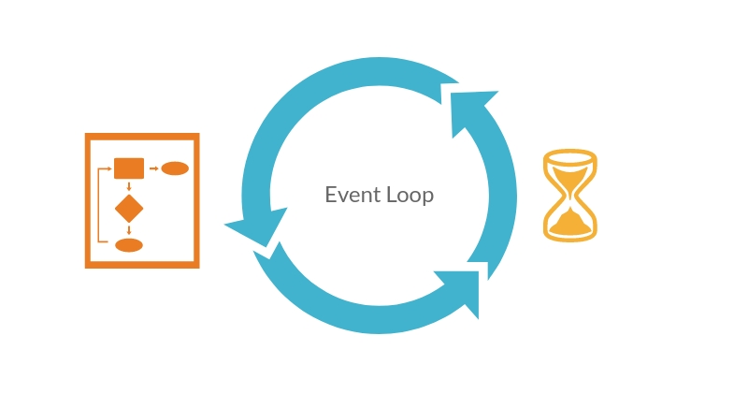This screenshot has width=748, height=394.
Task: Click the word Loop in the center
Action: pyautogui.click(x=410, y=196)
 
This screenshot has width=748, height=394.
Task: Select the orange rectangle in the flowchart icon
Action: pyautogui.click(x=129, y=168)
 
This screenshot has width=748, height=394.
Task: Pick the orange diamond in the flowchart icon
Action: pyautogui.click(x=129, y=208)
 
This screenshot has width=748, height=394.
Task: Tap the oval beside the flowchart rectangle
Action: pyautogui.click(x=175, y=168)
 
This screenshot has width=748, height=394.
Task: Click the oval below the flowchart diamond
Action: pyautogui.click(x=129, y=245)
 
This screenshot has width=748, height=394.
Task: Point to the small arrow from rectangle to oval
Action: pyautogui.click(x=153, y=168)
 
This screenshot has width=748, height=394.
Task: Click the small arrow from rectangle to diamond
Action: pyautogui.click(x=129, y=186)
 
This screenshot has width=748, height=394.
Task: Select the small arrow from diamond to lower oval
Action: pyautogui.click(x=129, y=229)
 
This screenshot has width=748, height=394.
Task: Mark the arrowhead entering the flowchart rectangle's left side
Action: pyautogui.click(x=109, y=168)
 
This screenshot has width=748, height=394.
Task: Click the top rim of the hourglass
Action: pyautogui.click(x=570, y=156)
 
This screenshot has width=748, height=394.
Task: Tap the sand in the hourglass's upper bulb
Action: pyautogui.click(x=570, y=175)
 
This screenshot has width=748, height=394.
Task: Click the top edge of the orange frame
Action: pyautogui.click(x=142, y=138)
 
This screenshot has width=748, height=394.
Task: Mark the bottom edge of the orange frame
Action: pyautogui.click(x=142, y=264)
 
